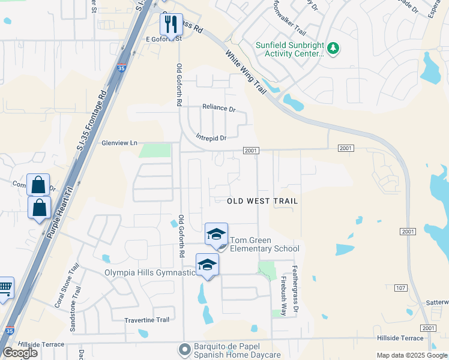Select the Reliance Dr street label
coord(219,108)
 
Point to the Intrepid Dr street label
coord(211,137)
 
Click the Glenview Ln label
coord(119,143)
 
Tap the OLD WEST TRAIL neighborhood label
coord(263,201)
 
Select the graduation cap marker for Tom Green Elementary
coord(216,235)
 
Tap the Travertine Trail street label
coord(146,320)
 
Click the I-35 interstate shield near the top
coord(121,68)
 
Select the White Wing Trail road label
coord(246,72)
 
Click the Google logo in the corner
coord(20,353)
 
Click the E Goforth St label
coord(146,38)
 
